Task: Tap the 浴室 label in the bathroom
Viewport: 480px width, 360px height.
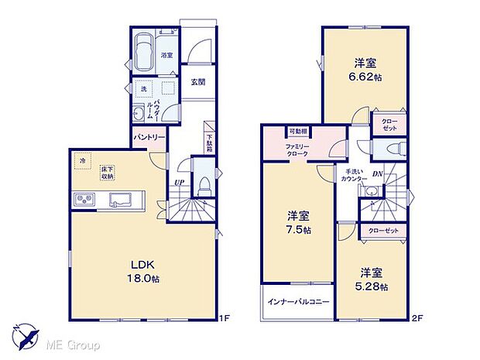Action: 166,56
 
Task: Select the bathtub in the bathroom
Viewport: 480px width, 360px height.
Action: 145,52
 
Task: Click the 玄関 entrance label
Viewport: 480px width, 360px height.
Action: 197,84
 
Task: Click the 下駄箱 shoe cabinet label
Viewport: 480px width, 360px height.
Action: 209,142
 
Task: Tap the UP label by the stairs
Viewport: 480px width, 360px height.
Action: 179,183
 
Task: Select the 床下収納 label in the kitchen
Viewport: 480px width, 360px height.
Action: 107,173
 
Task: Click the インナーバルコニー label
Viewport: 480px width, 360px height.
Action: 298,302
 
